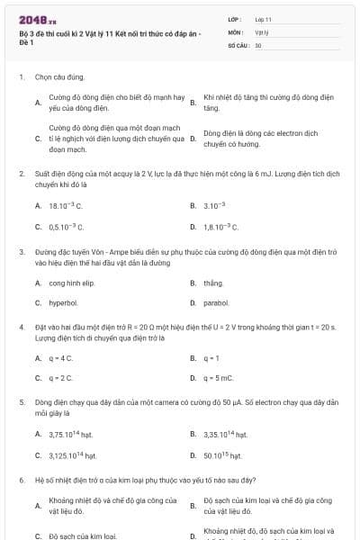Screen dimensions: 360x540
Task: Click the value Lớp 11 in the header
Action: [263, 19]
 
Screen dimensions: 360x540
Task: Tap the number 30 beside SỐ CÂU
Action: [258, 44]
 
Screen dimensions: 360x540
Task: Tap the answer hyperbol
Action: [64, 304]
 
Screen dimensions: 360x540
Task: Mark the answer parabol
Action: [216, 304]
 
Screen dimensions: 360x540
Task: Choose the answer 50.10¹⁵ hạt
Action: [224, 455]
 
